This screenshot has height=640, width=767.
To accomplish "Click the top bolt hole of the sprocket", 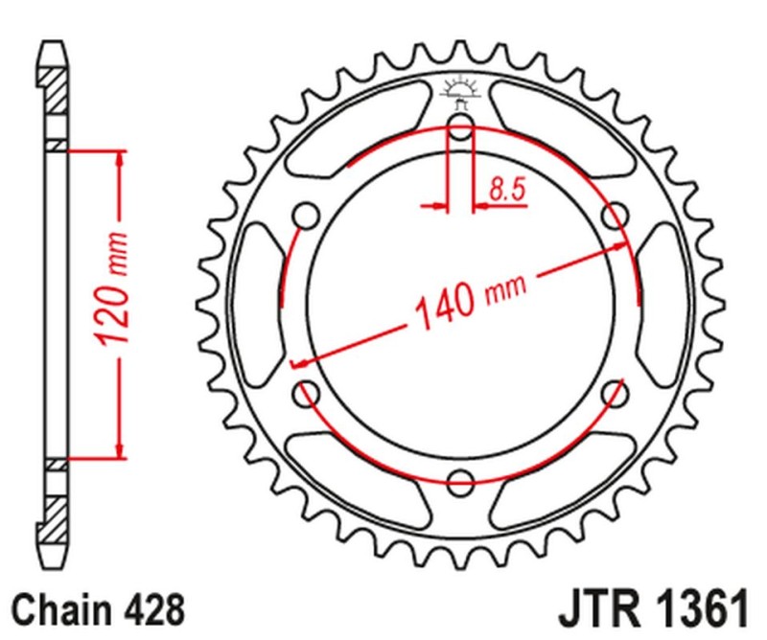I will coord(461,132).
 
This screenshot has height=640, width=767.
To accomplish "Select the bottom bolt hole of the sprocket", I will coord(461,480).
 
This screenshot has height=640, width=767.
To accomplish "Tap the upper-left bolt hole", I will coord(309,217).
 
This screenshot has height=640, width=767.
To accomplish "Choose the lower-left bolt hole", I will coord(309,393).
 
